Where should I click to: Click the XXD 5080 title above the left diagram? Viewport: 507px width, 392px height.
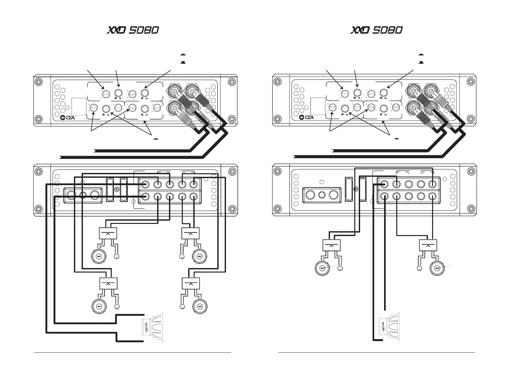point(133,30)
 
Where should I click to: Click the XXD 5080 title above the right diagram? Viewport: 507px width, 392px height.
point(376,30)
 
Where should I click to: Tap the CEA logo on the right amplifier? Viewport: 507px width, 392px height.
point(306,117)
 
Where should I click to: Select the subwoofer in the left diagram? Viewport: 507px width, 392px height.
point(152,327)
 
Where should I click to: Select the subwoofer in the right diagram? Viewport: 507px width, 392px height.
point(389,327)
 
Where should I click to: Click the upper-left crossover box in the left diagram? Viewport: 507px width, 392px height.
point(108,233)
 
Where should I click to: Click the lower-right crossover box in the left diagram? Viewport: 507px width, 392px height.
point(191,283)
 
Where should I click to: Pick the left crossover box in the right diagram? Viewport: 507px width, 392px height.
point(331,245)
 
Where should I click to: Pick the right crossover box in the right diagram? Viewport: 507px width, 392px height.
point(428,245)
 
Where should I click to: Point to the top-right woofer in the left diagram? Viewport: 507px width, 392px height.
point(199,256)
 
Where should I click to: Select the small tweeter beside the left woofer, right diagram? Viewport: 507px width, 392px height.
point(340,268)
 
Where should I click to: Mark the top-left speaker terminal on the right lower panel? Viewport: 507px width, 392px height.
point(384,184)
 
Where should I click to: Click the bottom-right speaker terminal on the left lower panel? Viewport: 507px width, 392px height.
point(193,196)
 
